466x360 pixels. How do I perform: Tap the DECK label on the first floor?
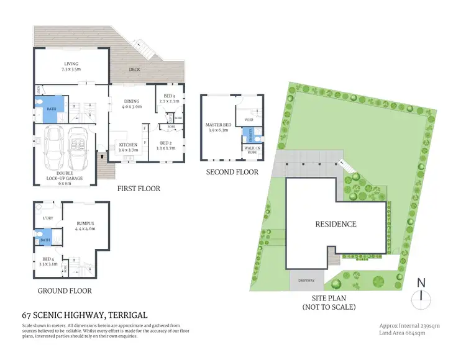coord(134,70)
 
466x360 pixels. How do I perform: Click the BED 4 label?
coord(48,261)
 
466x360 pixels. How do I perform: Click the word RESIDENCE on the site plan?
coord(336,224)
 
